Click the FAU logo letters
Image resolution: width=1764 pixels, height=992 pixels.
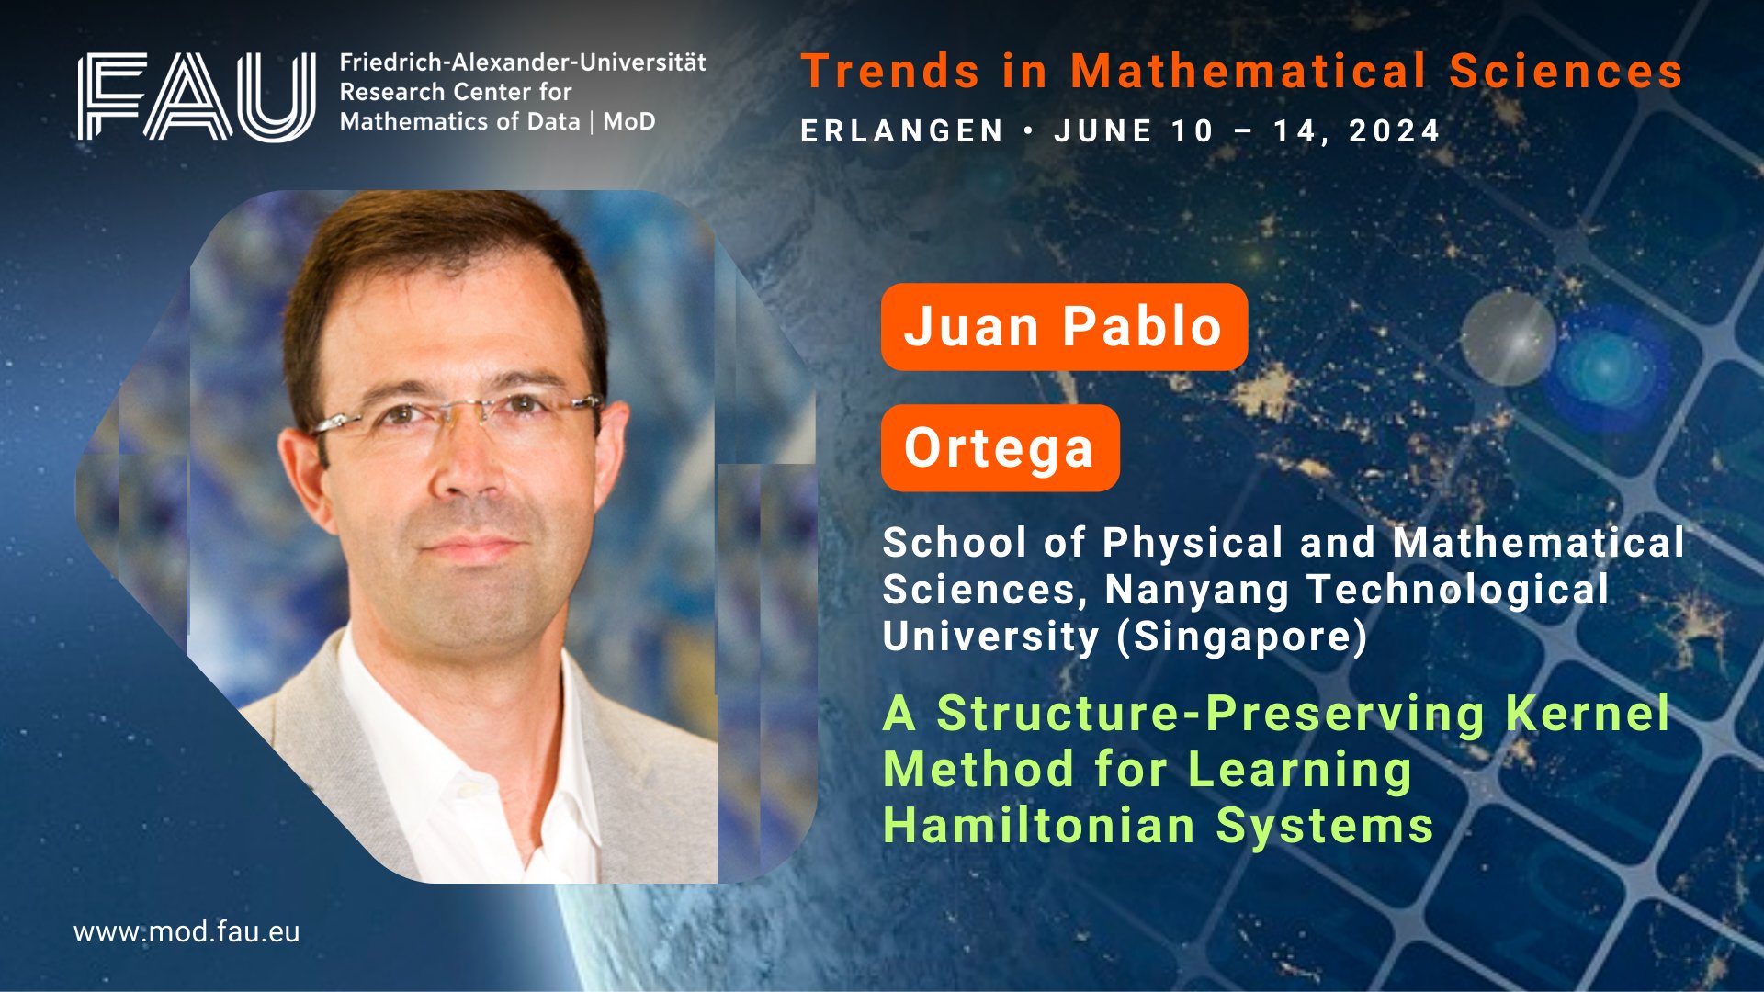(197, 96)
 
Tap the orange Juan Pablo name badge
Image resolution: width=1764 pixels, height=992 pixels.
(1064, 327)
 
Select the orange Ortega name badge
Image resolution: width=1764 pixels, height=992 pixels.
(1000, 448)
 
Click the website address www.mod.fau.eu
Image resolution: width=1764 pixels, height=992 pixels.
(187, 932)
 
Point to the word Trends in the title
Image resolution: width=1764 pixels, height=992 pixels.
(890, 72)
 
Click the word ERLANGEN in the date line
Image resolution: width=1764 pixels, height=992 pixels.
(902, 131)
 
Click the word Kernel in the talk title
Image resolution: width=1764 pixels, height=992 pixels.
(1588, 714)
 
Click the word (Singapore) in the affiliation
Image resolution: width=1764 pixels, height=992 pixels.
(1242, 637)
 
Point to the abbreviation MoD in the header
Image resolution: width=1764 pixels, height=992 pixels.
(629, 121)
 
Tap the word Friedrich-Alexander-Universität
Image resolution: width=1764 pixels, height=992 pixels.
(523, 62)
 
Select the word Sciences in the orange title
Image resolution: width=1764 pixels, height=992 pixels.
(1566, 72)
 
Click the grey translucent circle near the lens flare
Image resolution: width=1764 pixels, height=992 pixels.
(1508, 337)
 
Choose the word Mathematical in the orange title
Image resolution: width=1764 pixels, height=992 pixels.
(1249, 72)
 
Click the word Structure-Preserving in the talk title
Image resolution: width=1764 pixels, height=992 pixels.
(1211, 714)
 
